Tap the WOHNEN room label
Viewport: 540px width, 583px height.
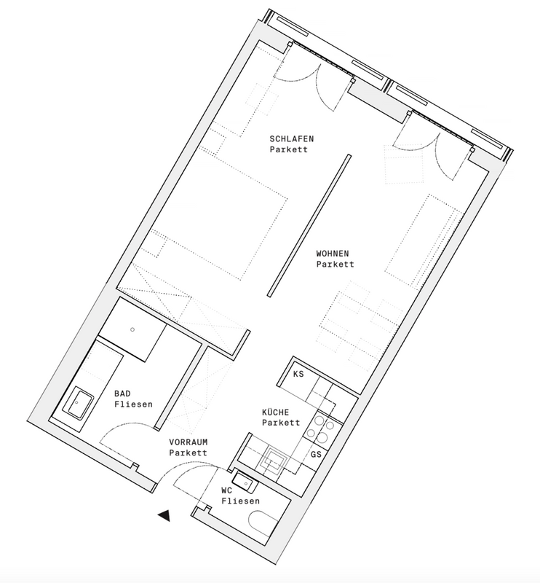point(335,253)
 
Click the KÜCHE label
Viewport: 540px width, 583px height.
point(281,412)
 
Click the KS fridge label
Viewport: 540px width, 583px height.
point(298,375)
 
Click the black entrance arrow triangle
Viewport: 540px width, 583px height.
point(164,516)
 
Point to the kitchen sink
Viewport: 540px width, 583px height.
point(274,459)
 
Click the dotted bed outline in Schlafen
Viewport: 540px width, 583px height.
point(218,218)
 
